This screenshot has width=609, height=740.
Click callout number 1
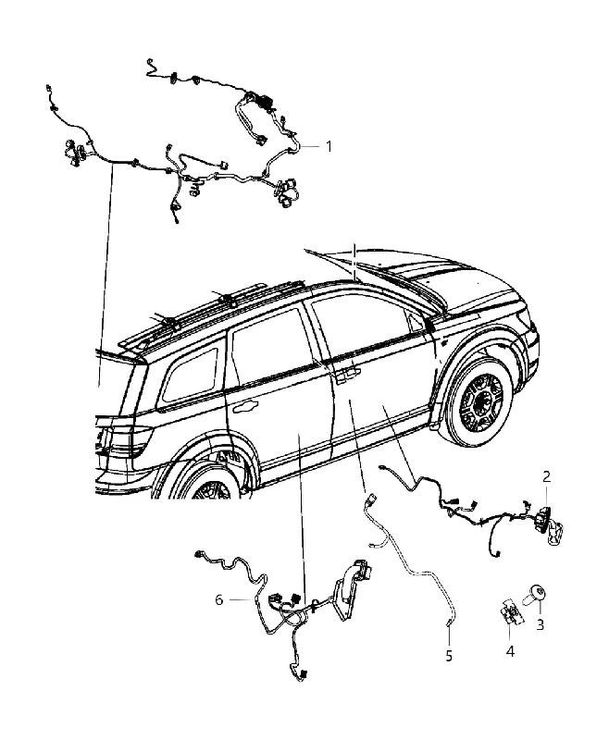click(x=329, y=146)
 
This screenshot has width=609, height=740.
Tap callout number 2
click(x=546, y=476)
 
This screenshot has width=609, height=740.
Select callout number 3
click(x=541, y=624)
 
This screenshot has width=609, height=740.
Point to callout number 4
click(x=510, y=651)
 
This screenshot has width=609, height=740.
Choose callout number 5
click(x=449, y=655)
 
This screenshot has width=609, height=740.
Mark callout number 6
click(x=219, y=599)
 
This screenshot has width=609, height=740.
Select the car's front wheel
click(x=480, y=404)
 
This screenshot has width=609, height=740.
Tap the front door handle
click(x=348, y=374)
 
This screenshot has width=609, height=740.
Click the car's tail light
click(x=124, y=441)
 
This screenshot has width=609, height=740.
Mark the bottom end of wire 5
click(x=449, y=626)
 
